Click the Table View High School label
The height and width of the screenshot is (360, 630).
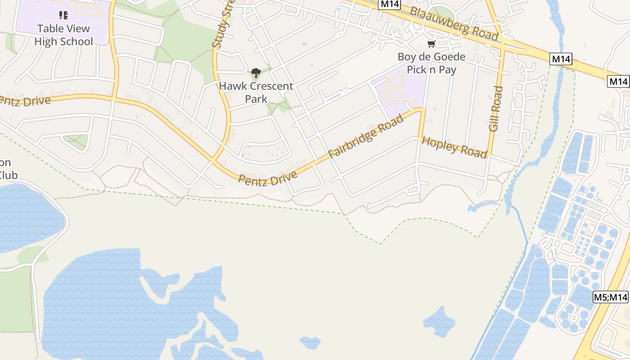pyautogui.click(x=63, y=35)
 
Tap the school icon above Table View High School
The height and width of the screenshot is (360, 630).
pyautogui.click(x=63, y=15)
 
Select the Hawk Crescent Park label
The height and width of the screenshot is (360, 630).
pyautogui.click(x=256, y=92)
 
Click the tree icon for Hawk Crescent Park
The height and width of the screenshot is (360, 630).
pyautogui.click(x=256, y=72)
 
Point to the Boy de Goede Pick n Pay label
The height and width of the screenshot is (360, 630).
pyautogui.click(x=432, y=63)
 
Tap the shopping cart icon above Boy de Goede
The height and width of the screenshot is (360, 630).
pyautogui.click(x=432, y=44)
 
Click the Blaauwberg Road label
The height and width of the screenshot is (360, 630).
pyautogui.click(x=454, y=24)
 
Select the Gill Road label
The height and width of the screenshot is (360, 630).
pyautogui.click(x=495, y=109)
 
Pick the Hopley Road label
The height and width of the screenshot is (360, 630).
pyautogui.click(x=454, y=147)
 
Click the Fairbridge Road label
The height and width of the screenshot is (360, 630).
pyautogui.click(x=365, y=137)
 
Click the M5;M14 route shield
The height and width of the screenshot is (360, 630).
pyautogui.click(x=610, y=297)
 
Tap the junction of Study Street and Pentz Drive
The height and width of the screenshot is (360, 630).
pyautogui.click(x=213, y=160)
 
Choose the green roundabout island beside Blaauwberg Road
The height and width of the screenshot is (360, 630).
pyautogui.click(x=440, y=14)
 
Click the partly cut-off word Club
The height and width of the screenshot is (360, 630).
pyautogui.click(x=8, y=175)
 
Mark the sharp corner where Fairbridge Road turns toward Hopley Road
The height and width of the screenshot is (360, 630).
pyautogui.click(x=423, y=109)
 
